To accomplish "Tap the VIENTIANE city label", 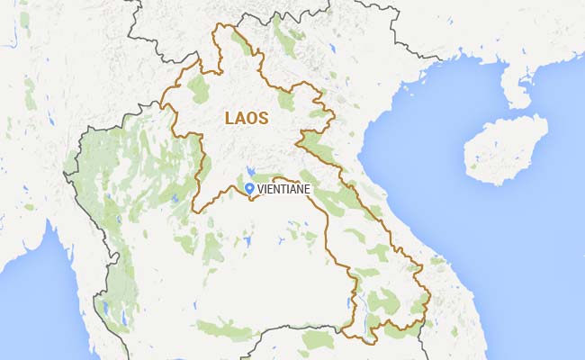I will (x=285, y=189).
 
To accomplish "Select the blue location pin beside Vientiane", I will (x=249, y=187).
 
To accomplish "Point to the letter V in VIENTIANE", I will (x=261, y=189).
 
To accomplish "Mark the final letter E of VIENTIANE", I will (x=310, y=189).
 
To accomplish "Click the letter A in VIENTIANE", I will (x=296, y=189).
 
